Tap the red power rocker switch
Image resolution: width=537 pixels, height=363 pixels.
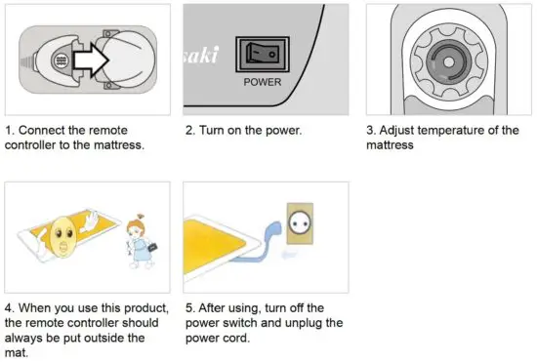click(263, 55)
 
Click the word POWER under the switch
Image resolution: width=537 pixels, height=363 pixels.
click(263, 82)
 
